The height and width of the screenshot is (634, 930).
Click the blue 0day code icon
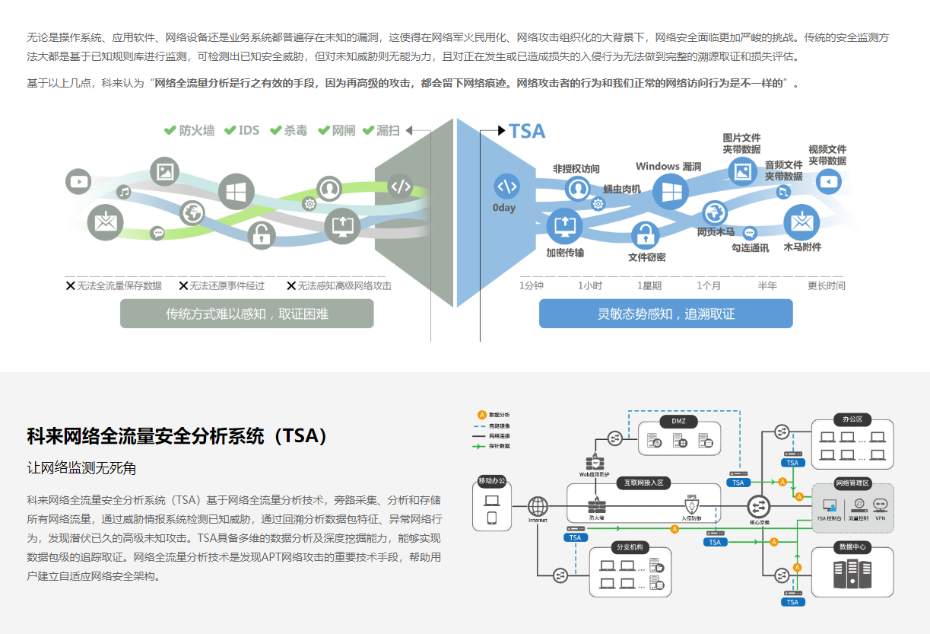click(x=506, y=186)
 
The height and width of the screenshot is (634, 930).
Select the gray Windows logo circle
click(x=236, y=191)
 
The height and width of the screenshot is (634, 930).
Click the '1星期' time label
click(x=649, y=285)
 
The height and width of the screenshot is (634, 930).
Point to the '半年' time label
click(x=767, y=285)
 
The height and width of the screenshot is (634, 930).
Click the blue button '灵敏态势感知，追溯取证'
click(x=665, y=314)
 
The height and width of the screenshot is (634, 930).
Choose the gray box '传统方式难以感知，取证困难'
click(x=247, y=314)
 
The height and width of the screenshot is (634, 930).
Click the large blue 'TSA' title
click(x=527, y=131)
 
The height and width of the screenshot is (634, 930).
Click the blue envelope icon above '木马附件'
click(x=801, y=221)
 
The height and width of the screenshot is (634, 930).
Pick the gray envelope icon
click(x=105, y=222)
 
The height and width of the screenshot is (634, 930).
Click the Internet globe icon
click(x=538, y=505)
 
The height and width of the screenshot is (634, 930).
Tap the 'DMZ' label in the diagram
click(x=678, y=421)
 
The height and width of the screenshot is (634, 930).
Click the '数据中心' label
click(x=852, y=546)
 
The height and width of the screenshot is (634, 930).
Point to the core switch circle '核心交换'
click(x=758, y=506)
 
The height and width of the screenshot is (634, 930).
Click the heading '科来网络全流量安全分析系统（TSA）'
click(x=178, y=436)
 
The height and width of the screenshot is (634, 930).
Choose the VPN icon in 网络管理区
click(x=880, y=505)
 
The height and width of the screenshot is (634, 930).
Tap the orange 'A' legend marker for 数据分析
click(x=481, y=414)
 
